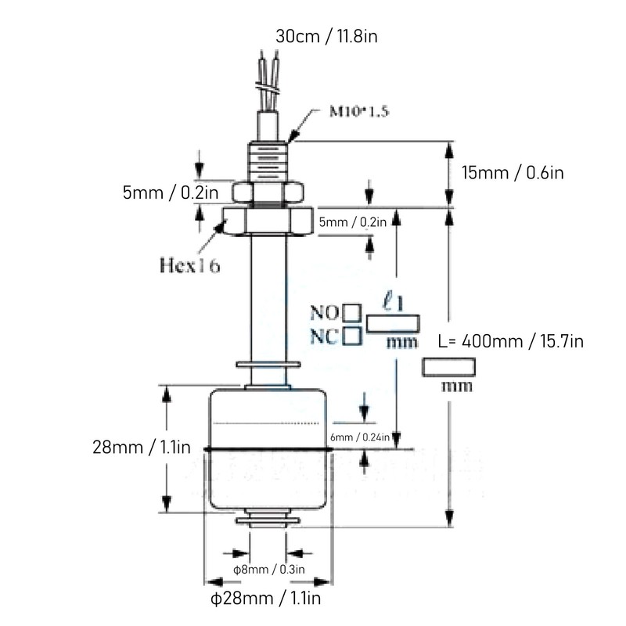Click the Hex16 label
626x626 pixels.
pos(189,264)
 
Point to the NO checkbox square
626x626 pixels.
pos(352,315)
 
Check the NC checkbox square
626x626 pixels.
pos(352,336)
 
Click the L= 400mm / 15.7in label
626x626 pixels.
pos(510,341)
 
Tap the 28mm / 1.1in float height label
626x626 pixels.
pos(142,448)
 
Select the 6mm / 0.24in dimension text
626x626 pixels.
pos(361,437)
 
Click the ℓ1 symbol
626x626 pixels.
pos(392,299)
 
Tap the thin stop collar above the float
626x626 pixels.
pos(268,363)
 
